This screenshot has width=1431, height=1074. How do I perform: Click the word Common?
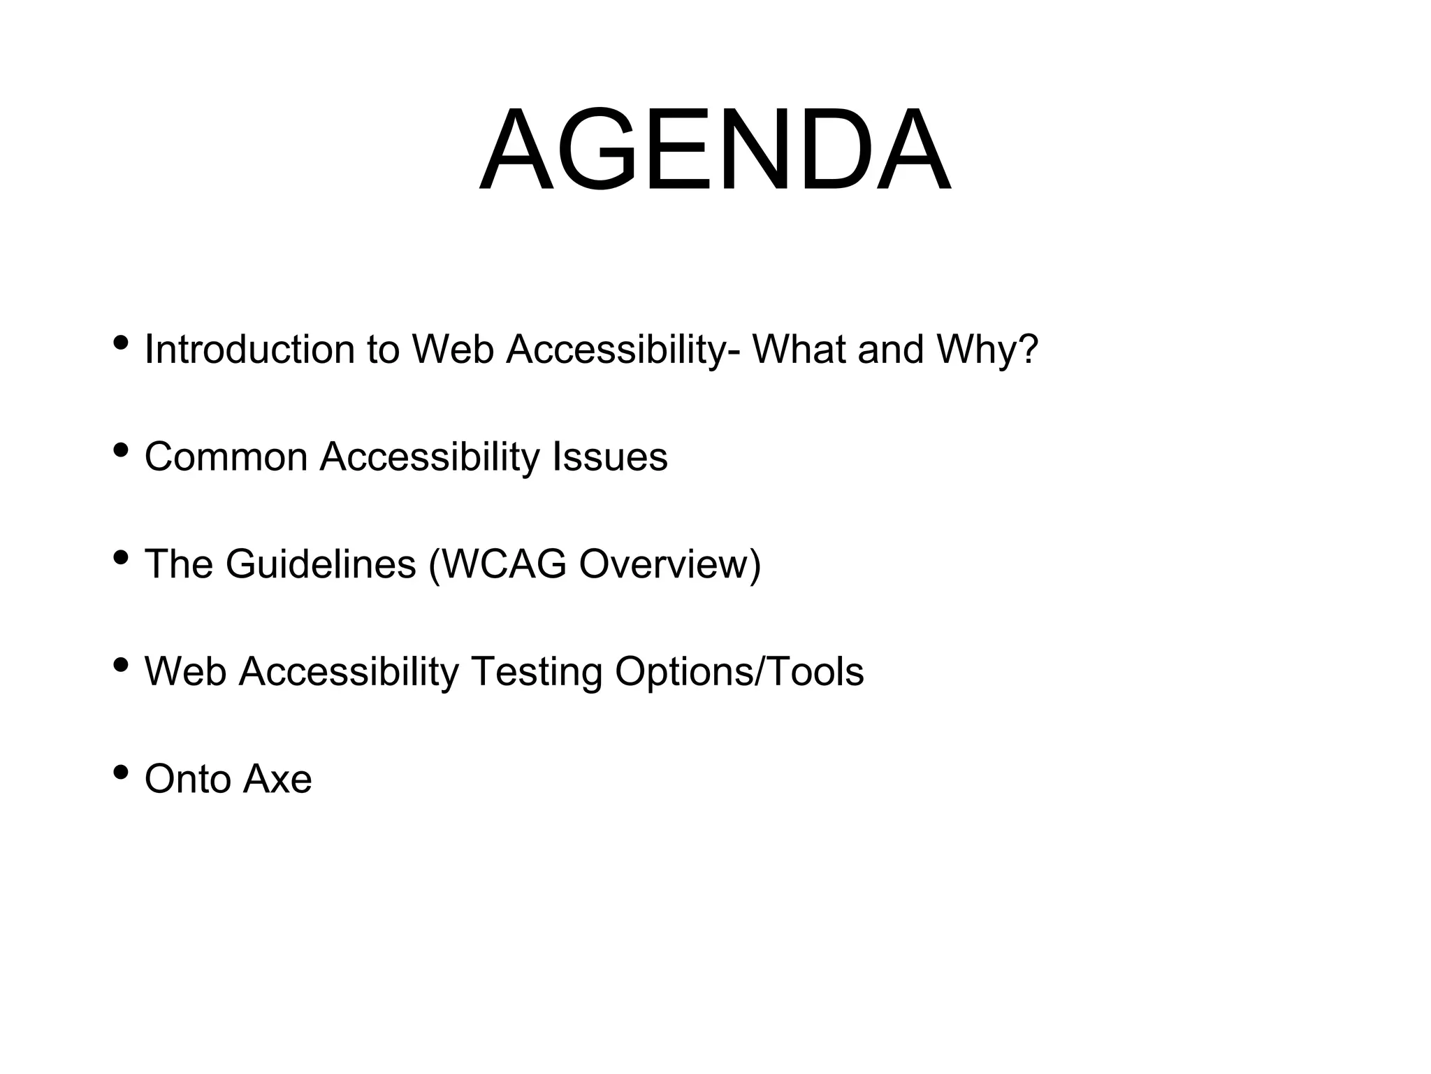pos(226,457)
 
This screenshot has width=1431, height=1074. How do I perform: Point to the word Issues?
pos(610,457)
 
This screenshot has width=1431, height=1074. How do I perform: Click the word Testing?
pos(536,672)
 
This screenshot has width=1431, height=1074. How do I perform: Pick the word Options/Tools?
pos(739,672)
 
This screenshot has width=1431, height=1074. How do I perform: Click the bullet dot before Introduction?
pos(121,343)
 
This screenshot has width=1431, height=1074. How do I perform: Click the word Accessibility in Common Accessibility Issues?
pos(429,458)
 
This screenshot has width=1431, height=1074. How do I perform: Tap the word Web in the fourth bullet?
pos(185,672)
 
